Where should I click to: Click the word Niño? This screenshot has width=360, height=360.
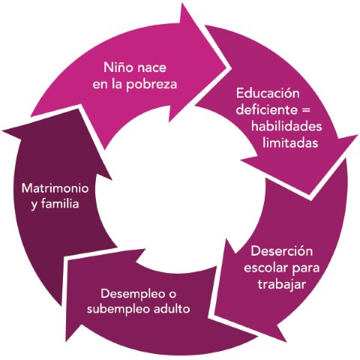pos(114,67)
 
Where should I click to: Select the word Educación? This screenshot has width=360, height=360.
pos(268,94)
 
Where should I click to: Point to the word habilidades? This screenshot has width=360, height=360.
pos(286,126)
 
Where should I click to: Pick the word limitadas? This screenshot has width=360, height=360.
pos(290,143)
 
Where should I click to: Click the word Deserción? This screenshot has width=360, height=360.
pos(282,251)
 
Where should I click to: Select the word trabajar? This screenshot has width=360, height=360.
pos(282,285)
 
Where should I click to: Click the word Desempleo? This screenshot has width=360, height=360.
pos(133,294)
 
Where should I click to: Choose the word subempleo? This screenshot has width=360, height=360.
pos(118,310)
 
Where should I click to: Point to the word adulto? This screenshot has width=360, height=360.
pos(172,309)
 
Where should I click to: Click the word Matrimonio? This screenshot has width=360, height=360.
pos(55,188)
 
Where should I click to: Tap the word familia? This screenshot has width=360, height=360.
pos(60,203)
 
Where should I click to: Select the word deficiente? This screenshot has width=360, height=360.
pos(267,109)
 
